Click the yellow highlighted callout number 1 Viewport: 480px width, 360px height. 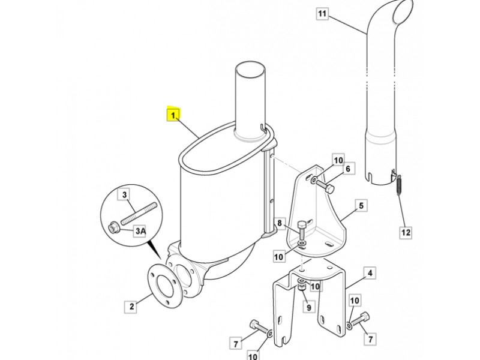(x=173, y=115)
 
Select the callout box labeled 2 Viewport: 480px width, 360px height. (x=131, y=307)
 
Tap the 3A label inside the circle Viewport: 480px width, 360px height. (x=140, y=231)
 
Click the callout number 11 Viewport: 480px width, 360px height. (x=322, y=14)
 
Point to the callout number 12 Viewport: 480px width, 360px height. (x=406, y=232)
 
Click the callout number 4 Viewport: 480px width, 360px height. (x=370, y=273)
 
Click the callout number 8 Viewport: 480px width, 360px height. (x=280, y=223)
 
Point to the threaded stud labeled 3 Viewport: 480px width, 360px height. (x=139, y=213)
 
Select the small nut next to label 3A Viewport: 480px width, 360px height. (x=114, y=228)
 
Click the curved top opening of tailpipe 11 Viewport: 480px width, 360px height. (x=404, y=11)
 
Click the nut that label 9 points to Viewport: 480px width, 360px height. (x=302, y=288)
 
